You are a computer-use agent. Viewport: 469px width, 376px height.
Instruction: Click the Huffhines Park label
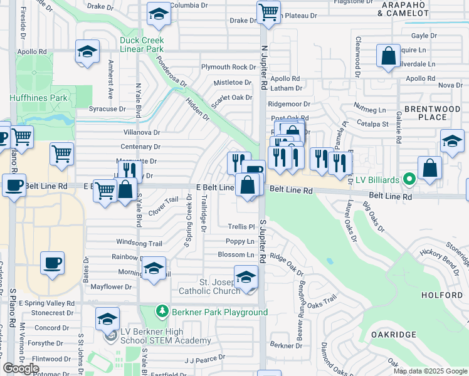coord(38,98)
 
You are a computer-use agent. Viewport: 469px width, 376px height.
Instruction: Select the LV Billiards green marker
coord(409,180)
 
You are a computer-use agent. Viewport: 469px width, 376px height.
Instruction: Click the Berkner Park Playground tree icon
coord(162,311)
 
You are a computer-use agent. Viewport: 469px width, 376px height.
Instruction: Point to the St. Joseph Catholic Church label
coord(209,286)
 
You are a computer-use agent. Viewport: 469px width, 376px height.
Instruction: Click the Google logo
coord(20,368)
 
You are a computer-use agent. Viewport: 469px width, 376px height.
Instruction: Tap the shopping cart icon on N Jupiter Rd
coord(268,11)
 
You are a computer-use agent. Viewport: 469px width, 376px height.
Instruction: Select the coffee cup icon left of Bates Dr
coord(53,262)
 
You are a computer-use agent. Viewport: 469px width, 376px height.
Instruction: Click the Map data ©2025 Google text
coord(430,371)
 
